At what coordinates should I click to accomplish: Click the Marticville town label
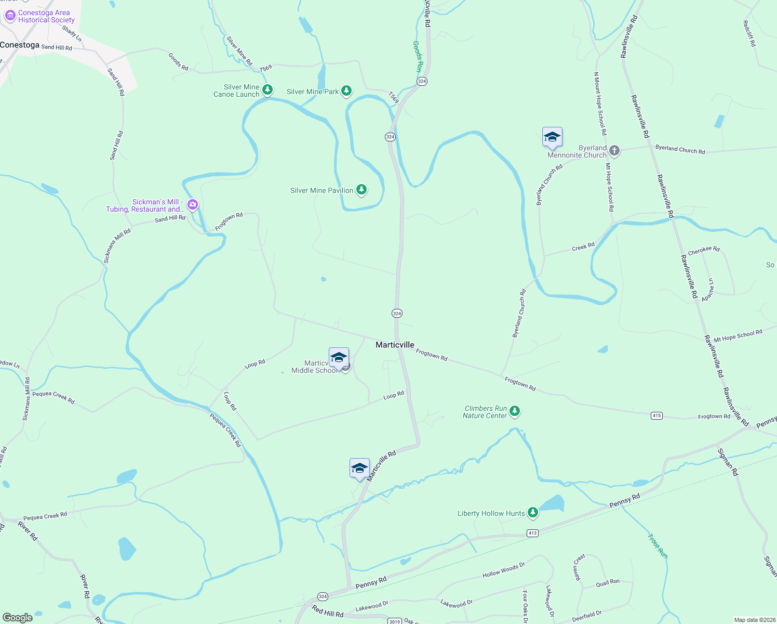tap(395, 345)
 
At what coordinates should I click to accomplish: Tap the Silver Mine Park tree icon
tap(346, 91)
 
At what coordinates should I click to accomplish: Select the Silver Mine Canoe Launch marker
tap(267, 90)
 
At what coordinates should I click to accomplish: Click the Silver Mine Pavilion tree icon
tap(361, 190)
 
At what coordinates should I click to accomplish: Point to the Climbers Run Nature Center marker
tap(515, 411)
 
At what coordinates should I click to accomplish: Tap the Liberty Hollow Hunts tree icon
tap(532, 513)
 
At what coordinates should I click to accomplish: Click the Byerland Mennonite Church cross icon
tap(614, 151)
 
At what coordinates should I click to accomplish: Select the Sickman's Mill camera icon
tap(193, 205)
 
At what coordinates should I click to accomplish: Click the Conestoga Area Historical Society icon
tap(10, 16)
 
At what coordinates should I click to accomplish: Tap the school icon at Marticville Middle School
tap(339, 358)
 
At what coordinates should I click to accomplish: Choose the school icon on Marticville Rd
tap(359, 468)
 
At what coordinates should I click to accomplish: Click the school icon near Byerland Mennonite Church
tap(552, 137)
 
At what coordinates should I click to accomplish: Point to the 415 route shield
tap(657, 415)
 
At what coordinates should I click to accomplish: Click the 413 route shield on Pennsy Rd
tap(532, 533)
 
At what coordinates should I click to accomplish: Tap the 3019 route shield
tap(395, 621)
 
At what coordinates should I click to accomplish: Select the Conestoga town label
tap(20, 45)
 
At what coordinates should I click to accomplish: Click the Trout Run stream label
tap(657, 546)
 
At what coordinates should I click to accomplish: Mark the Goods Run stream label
tap(418, 57)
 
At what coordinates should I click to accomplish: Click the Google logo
tap(18, 617)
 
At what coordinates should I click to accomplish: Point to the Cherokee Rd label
tap(704, 250)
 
